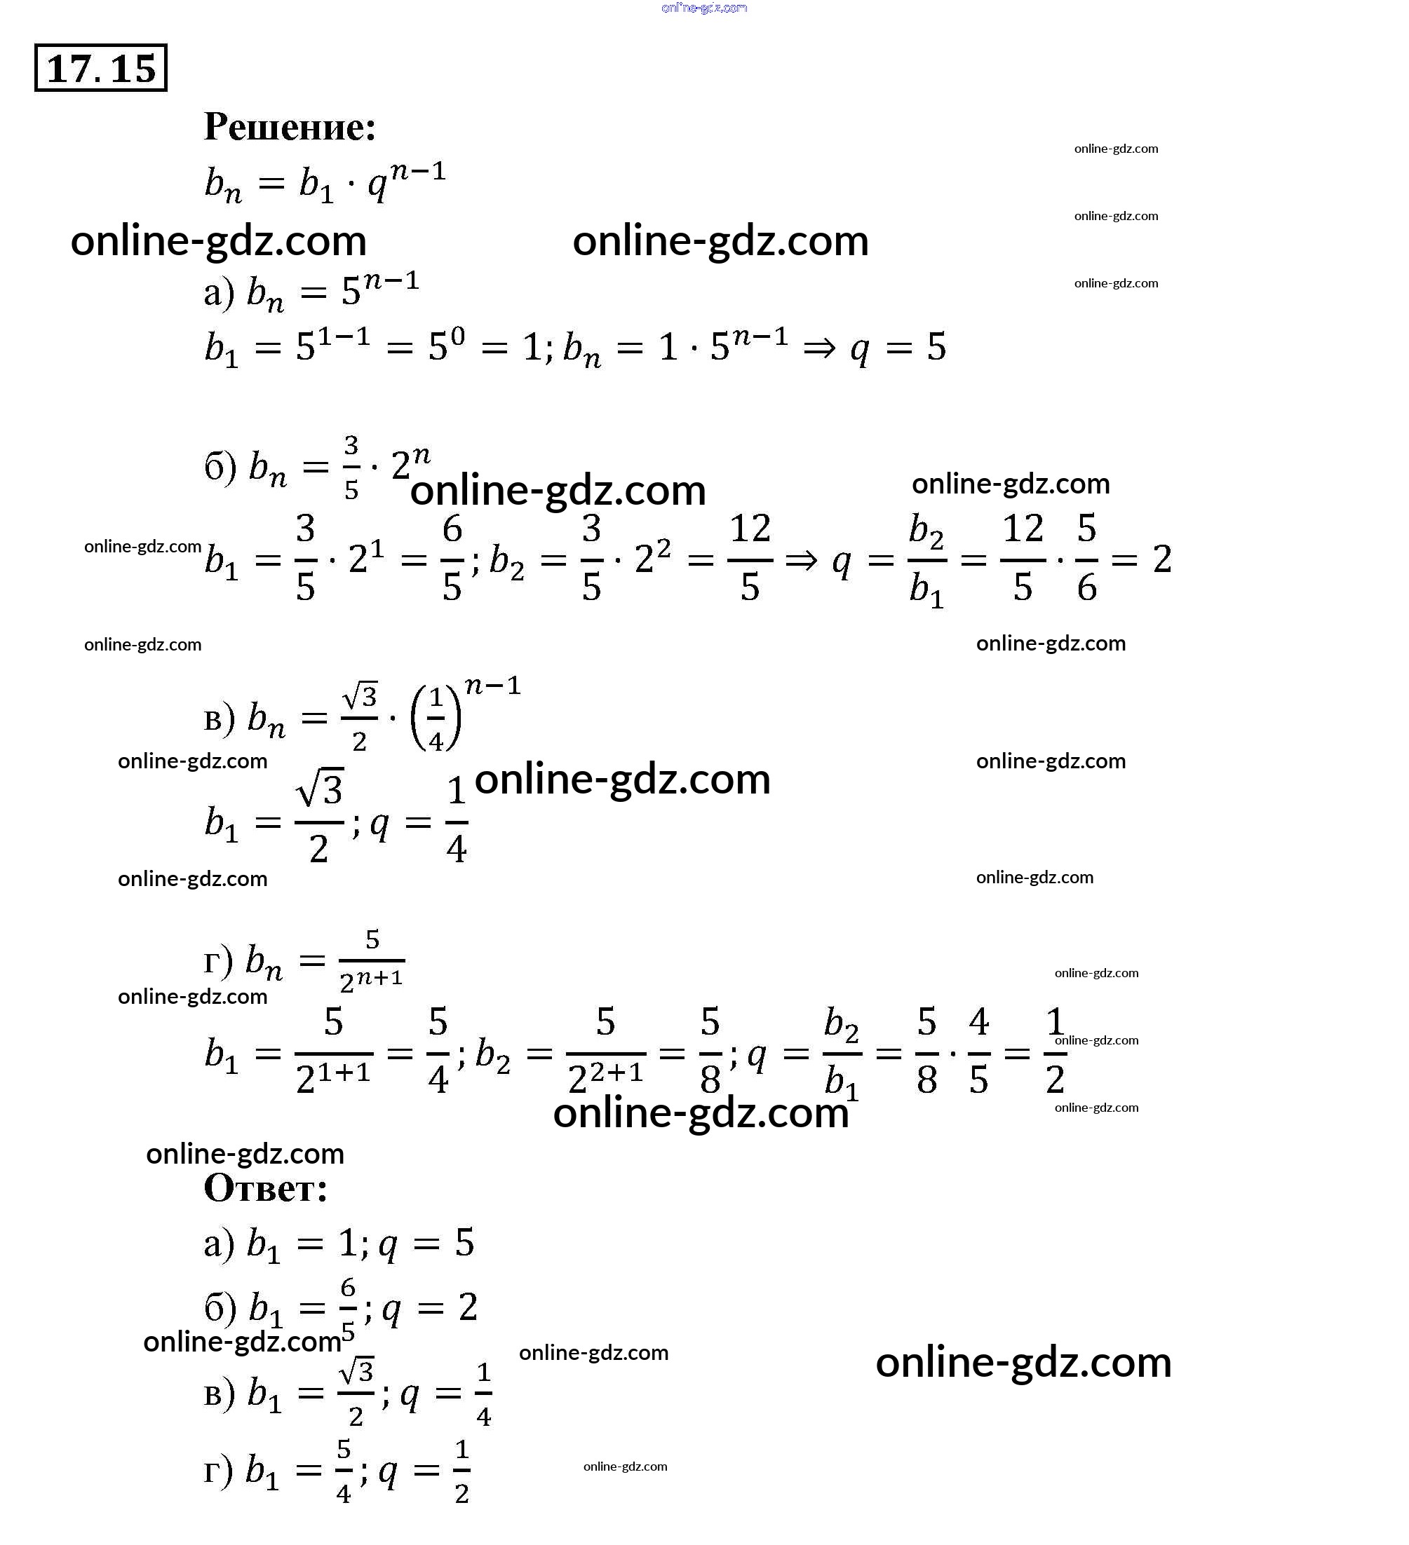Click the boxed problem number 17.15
coord(100,68)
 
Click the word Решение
coord(290,126)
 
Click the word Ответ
coord(265,1188)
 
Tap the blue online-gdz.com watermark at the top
coord(703,8)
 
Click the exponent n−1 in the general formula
coord(418,172)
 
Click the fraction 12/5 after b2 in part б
coord(750,558)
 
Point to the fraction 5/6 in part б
coord(1086,558)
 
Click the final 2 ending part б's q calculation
coord(1162,559)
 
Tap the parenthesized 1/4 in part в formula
coord(436,719)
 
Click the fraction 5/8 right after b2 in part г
coord(710,1051)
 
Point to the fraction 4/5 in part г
coord(979,1051)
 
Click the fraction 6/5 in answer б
coord(348,1309)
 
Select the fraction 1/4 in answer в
coord(484,1395)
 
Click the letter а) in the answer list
coord(219,1244)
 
